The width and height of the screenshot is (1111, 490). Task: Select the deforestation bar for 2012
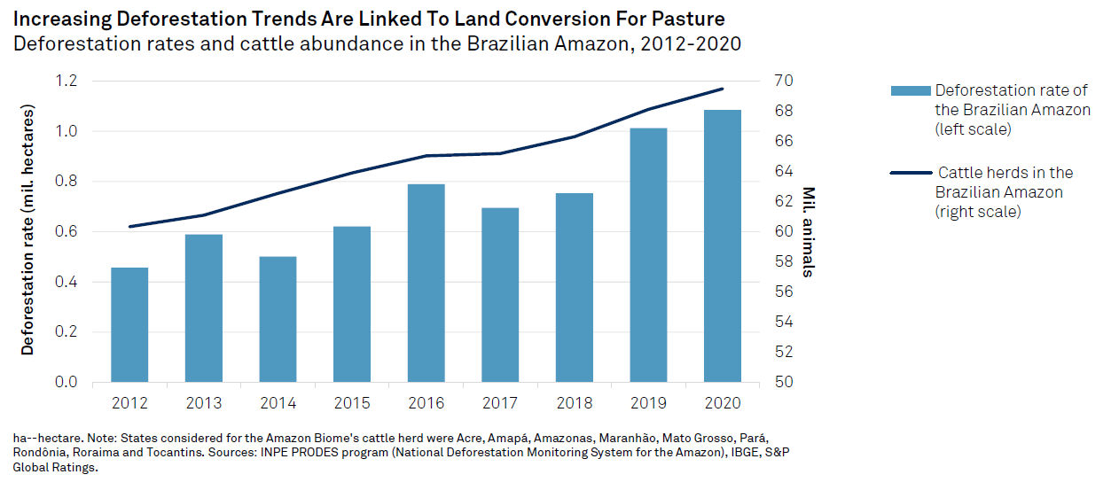[129, 324]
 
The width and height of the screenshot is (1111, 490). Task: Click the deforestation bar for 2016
[426, 283]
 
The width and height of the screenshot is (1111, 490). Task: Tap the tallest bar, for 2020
[723, 245]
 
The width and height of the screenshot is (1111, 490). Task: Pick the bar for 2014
[278, 319]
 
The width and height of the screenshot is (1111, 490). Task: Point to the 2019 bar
[648, 255]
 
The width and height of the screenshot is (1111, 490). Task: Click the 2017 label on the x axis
[500, 403]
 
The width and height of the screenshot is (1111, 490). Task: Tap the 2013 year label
[204, 403]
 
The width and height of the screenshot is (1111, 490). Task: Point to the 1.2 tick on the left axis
[66, 81]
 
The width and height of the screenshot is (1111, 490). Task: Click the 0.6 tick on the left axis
[66, 231]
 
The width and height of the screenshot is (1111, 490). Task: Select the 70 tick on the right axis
[784, 81]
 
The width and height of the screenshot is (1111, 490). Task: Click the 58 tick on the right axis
[784, 261]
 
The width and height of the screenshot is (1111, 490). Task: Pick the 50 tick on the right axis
[784, 382]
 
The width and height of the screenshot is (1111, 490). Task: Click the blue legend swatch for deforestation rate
[911, 90]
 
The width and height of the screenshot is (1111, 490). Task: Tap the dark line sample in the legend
[911, 173]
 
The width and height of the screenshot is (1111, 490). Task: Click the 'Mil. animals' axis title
[809, 232]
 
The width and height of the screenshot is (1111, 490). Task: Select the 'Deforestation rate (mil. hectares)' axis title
[27, 229]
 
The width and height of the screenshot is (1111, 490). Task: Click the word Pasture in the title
[688, 19]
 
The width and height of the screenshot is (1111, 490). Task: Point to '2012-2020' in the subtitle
[691, 43]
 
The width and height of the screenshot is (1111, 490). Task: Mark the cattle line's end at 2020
[723, 89]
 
